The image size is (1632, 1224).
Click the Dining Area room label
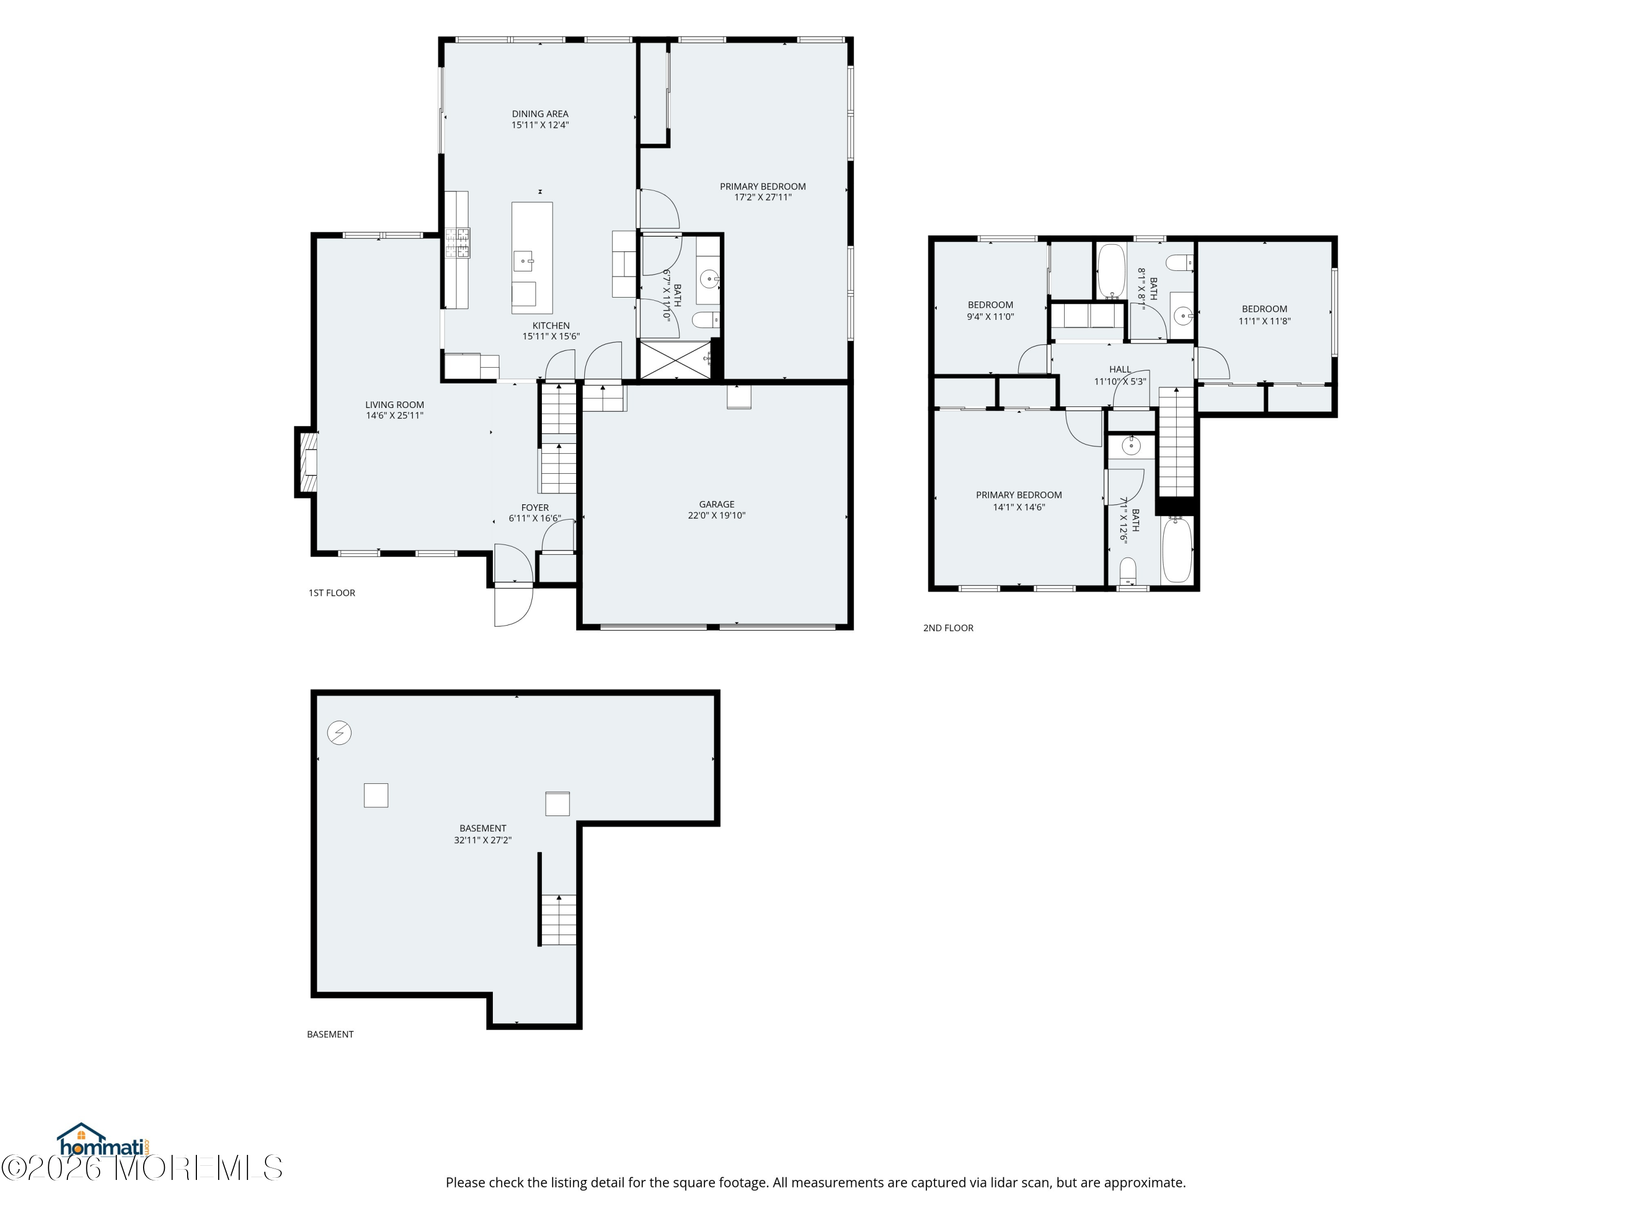click(x=540, y=114)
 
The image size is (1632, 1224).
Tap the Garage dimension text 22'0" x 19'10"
click(x=716, y=516)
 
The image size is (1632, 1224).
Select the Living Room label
click(x=395, y=404)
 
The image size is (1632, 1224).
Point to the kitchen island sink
click(x=523, y=261)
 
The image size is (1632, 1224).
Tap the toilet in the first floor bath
click(x=706, y=319)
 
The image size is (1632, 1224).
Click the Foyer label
click(x=535, y=508)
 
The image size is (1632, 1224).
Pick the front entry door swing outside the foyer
click(x=513, y=605)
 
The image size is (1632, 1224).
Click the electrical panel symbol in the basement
click(x=339, y=733)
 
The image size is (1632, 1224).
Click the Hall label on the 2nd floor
click(x=1120, y=369)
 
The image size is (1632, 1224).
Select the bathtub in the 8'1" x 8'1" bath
click(x=1110, y=271)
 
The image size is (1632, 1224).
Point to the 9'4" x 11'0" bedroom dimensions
click(x=990, y=317)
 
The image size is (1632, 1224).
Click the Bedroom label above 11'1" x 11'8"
click(x=1265, y=309)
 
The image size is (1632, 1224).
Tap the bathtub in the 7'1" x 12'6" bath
click(x=1177, y=549)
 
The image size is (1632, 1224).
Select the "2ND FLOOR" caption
click(x=948, y=628)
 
